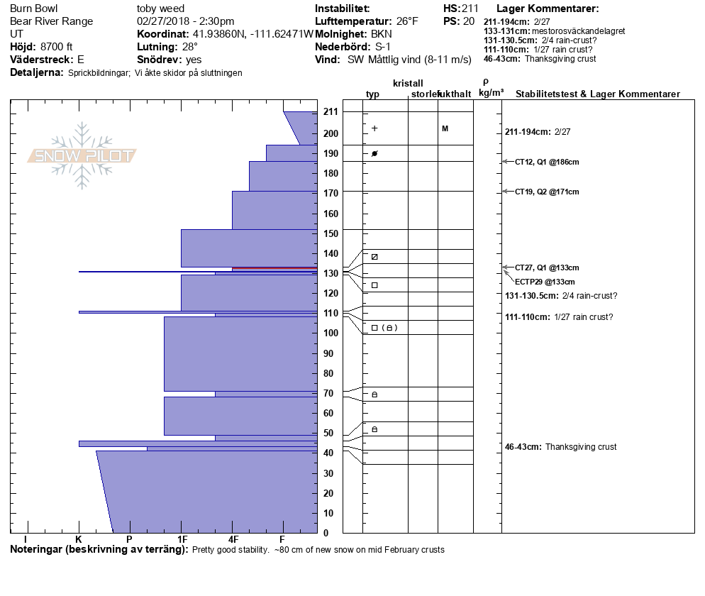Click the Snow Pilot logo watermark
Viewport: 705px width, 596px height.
[82, 155]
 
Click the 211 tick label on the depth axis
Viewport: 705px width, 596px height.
[331, 112]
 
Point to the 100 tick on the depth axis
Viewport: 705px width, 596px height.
[331, 333]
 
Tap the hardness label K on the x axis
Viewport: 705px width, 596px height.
[79, 539]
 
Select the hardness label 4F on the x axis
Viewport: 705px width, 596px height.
[233, 539]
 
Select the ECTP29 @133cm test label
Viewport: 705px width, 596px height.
[545, 282]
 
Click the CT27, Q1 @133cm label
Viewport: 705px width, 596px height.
[547, 267]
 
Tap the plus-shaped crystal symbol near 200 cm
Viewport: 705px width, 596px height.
[374, 128]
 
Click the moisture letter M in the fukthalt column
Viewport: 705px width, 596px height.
[445, 128]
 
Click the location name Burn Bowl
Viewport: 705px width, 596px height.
[34, 9]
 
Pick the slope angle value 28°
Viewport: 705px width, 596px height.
[190, 47]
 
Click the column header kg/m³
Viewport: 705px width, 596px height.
[491, 93]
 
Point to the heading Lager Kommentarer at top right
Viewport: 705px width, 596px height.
[548, 9]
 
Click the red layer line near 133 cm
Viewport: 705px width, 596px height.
[274, 268]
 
